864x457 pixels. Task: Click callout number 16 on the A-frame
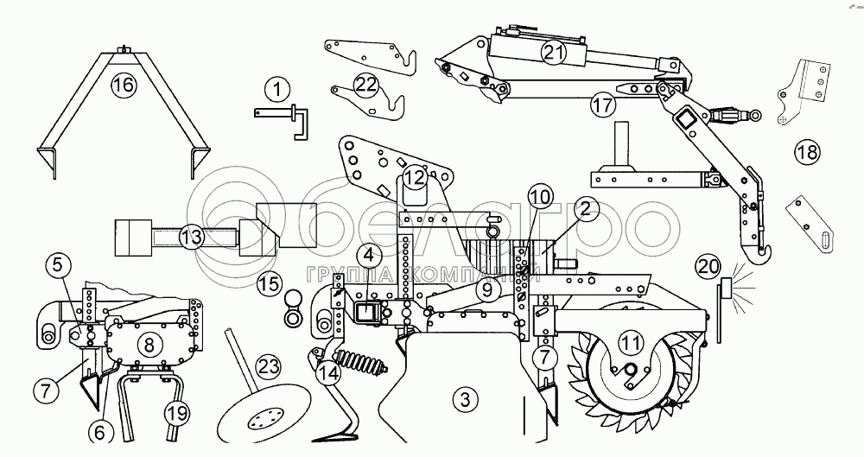124,85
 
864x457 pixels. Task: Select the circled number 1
277,87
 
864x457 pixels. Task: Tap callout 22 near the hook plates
366,84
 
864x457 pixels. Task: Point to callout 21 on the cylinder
553,53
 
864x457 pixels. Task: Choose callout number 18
806,154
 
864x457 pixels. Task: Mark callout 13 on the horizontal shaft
191,235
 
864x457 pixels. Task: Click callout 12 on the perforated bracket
416,179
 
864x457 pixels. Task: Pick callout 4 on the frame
369,255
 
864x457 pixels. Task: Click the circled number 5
56,265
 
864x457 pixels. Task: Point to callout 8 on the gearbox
149,345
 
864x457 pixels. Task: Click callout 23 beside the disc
269,366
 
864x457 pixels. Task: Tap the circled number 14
327,372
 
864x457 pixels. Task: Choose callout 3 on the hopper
465,400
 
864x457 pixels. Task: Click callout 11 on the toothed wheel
633,343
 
